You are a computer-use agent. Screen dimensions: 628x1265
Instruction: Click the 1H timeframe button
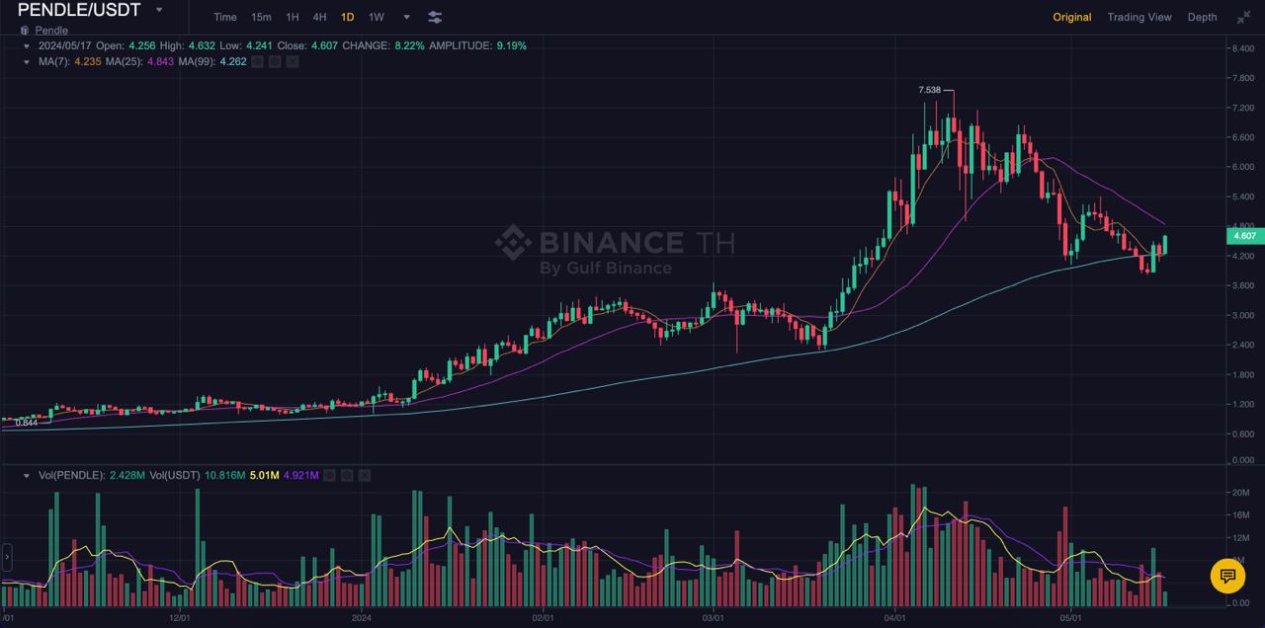[293, 17]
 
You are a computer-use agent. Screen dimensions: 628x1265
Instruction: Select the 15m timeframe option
[261, 17]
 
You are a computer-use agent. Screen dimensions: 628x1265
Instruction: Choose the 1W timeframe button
[376, 17]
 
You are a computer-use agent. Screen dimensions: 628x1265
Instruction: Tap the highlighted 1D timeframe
[347, 17]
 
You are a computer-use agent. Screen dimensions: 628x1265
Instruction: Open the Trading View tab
[1138, 17]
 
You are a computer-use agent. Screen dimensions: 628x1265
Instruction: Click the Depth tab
[1202, 17]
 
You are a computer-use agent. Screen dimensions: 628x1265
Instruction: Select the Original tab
[1071, 17]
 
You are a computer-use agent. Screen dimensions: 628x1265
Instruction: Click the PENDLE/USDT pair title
[79, 11]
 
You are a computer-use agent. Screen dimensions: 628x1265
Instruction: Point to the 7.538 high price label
[930, 90]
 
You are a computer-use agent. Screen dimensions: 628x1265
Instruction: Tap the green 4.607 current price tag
[1242, 236]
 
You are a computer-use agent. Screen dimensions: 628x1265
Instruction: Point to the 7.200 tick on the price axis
[1240, 107]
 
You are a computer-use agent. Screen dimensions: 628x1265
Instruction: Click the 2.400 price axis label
[1240, 345]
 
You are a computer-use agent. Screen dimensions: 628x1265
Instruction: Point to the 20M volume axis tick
[1240, 492]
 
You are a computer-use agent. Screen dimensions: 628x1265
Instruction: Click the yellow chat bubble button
[1227, 576]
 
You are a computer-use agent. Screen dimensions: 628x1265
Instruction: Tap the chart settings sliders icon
[435, 17]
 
